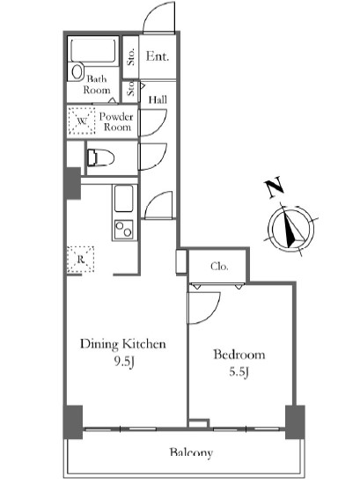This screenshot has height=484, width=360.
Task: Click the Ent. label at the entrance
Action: pos(158,56)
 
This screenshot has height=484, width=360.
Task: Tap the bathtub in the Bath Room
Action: pos(93,50)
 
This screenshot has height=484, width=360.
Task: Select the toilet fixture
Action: pos(100,158)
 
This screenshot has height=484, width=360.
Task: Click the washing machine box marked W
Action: pos(82,121)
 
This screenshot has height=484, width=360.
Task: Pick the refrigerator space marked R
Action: pos(81,260)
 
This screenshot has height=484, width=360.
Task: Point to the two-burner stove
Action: pos(123,230)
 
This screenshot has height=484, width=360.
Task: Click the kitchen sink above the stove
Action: pos(124,198)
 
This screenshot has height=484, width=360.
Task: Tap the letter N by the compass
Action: pos(274,187)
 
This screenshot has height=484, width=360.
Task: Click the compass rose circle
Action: pos(290,229)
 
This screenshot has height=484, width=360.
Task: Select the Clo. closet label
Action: pos(219,266)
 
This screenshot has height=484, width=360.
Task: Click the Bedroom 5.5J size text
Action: pos(239,371)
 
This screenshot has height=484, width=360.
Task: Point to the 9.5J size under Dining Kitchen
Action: pos(124,362)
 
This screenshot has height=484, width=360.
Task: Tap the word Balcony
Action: pos(191,452)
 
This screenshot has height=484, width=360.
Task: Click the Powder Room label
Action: pos(116,121)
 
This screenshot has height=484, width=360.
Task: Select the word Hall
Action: pos(158,99)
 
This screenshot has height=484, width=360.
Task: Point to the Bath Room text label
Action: pos(97,84)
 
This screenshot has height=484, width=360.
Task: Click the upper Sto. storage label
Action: pos(131,56)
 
